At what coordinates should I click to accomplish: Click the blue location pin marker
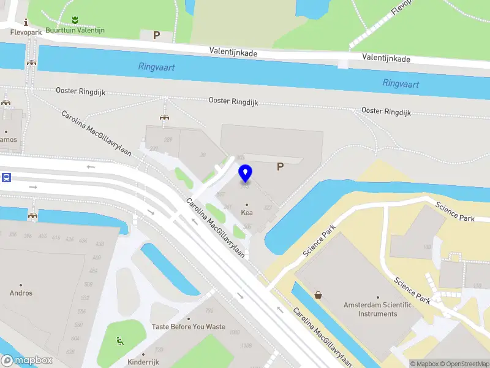click(246, 173)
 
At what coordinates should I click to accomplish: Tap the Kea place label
click(247, 213)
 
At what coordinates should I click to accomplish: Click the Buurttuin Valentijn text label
click(75, 30)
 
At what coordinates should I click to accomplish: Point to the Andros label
click(21, 293)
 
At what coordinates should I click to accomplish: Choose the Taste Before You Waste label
click(189, 327)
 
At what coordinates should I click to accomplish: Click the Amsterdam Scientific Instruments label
click(379, 309)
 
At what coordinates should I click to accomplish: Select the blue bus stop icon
click(6, 178)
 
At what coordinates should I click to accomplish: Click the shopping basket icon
click(318, 295)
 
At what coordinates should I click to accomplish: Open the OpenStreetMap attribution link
click(465, 364)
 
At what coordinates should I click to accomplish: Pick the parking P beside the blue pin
click(281, 166)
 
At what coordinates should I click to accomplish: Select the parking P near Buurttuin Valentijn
click(156, 36)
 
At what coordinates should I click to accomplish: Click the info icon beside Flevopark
click(25, 21)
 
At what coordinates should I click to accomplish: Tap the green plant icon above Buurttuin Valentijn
click(74, 20)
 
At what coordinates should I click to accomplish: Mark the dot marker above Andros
click(21, 285)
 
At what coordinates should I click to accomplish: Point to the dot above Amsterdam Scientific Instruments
click(378, 297)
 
